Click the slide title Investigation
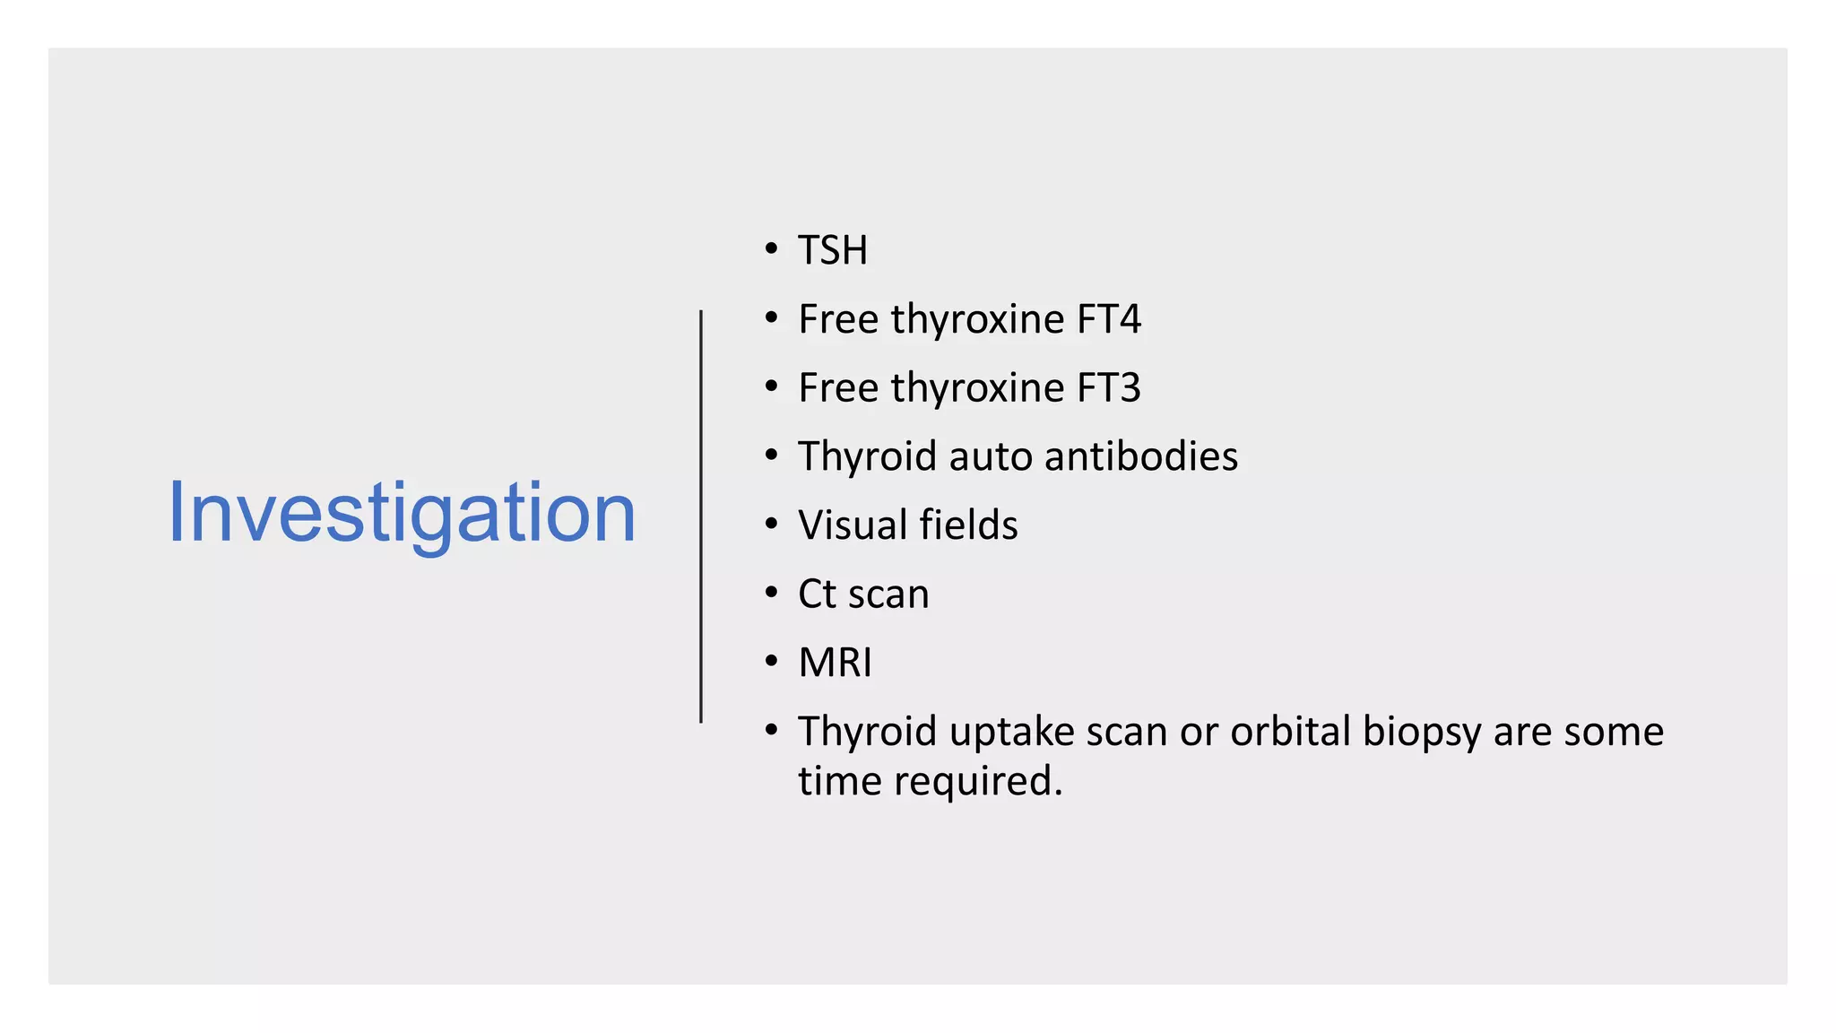(402, 513)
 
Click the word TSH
(833, 250)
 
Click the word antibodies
(1140, 456)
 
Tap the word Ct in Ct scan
(817, 594)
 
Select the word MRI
(835, 663)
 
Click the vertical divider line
(701, 516)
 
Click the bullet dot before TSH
(771, 248)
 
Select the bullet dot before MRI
(771, 662)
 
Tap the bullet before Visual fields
(771, 524)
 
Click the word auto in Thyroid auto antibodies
(990, 457)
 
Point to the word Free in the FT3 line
(838, 388)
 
